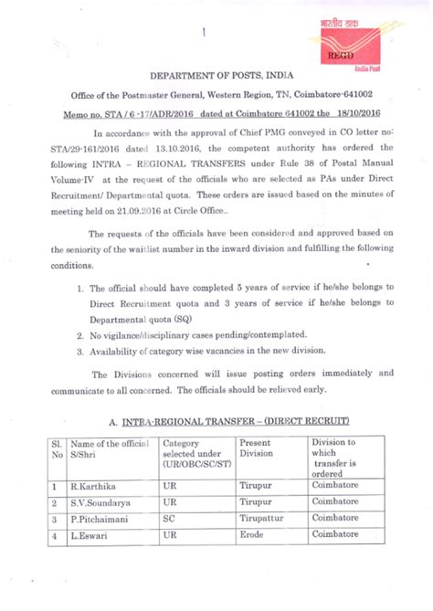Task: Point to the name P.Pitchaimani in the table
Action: tap(105, 518)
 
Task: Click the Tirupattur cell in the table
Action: tap(263, 518)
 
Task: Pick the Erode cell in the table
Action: tap(252, 533)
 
